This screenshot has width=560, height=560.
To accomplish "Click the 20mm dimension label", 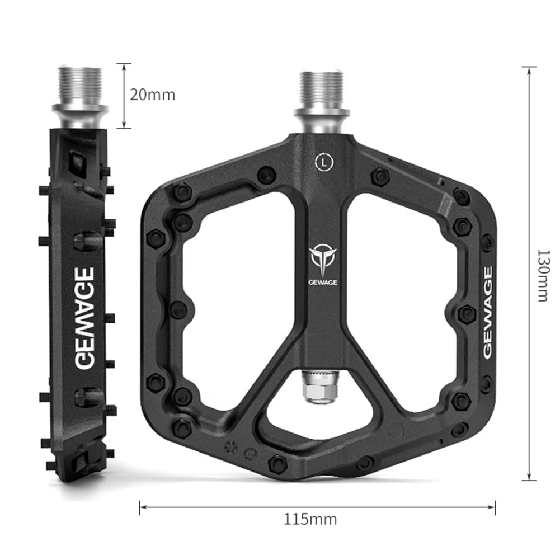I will [152, 95].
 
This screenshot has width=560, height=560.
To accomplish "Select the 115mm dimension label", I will [310, 519].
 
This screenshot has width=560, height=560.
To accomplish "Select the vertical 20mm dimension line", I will [124, 96].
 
